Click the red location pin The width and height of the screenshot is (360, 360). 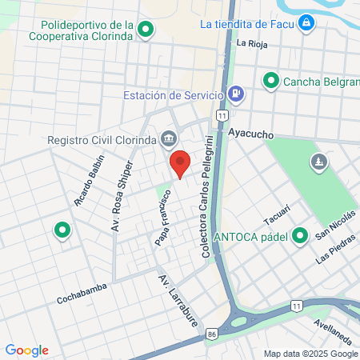click(x=181, y=162)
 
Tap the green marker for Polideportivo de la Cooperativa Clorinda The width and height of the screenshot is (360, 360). click(x=146, y=30)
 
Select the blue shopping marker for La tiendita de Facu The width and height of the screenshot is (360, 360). click(x=306, y=23)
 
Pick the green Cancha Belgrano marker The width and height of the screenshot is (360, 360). click(x=271, y=80)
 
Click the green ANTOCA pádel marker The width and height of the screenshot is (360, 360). click(x=300, y=235)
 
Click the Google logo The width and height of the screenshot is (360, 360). click(x=26, y=350)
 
